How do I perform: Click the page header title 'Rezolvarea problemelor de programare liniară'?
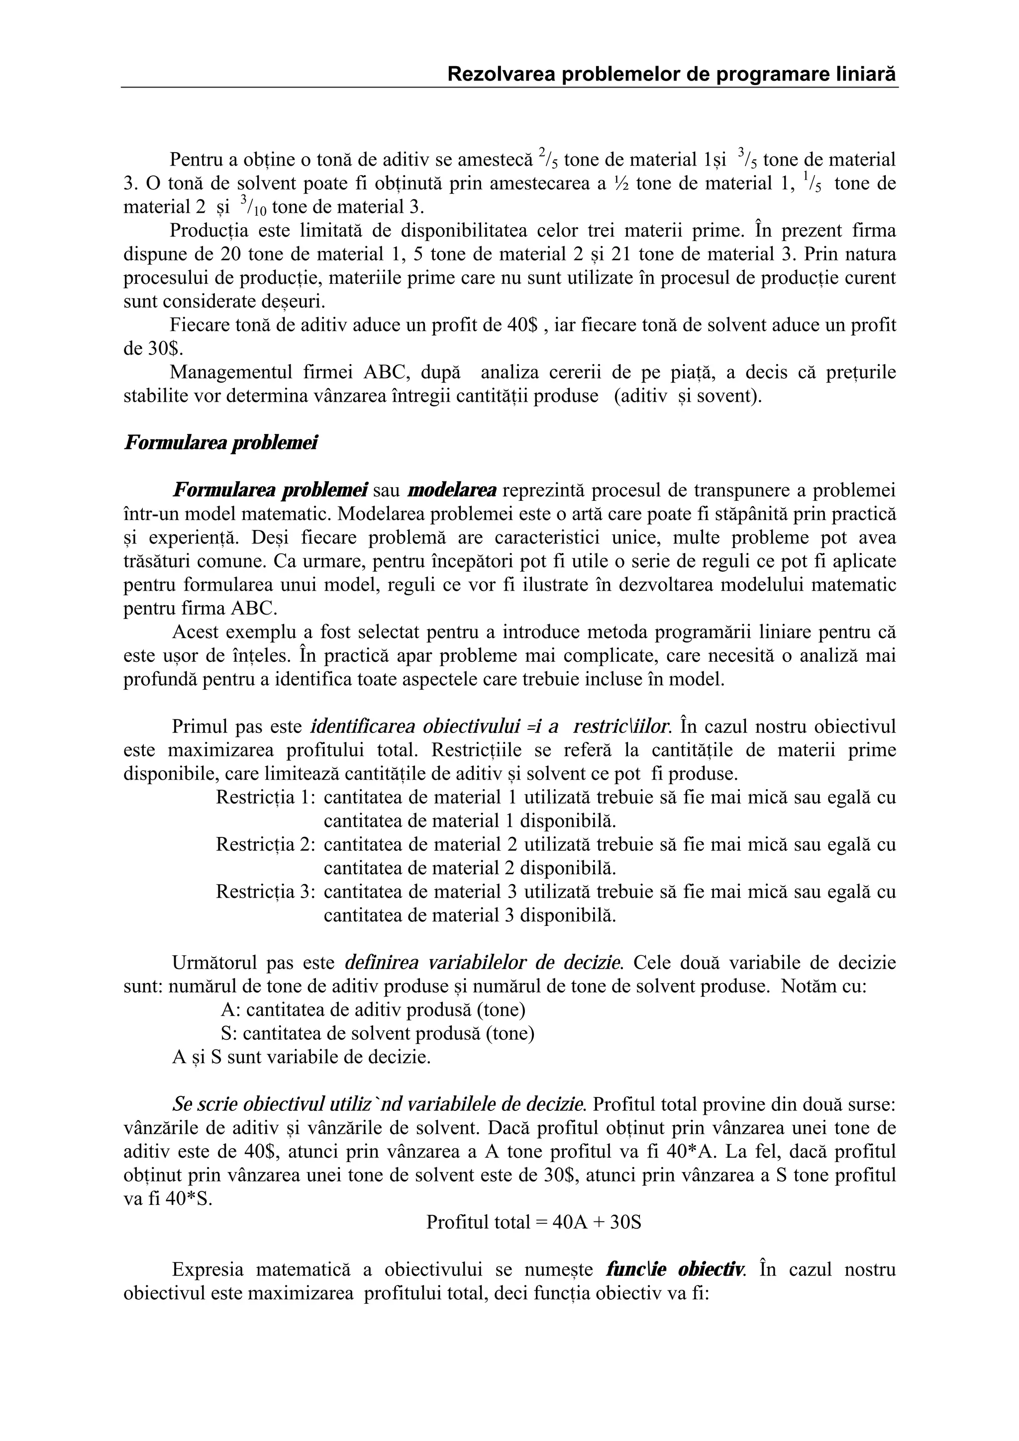coord(672,75)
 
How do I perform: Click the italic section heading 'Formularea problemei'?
coord(220,443)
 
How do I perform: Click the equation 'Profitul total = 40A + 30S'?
coord(534,1223)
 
